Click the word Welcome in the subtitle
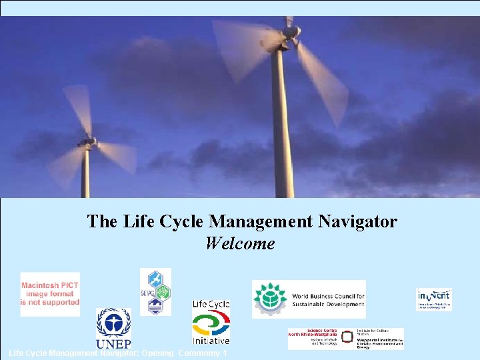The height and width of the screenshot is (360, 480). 240,243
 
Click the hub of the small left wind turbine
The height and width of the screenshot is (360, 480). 86,141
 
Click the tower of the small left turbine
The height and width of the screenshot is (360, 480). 85,173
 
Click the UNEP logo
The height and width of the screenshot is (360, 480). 113,329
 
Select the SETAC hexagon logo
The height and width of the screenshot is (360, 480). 155,291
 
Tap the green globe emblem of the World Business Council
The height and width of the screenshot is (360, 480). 269,299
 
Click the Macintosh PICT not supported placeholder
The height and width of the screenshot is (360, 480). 50,294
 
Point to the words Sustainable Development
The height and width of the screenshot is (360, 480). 333,305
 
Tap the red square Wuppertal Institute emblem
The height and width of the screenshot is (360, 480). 347,337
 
